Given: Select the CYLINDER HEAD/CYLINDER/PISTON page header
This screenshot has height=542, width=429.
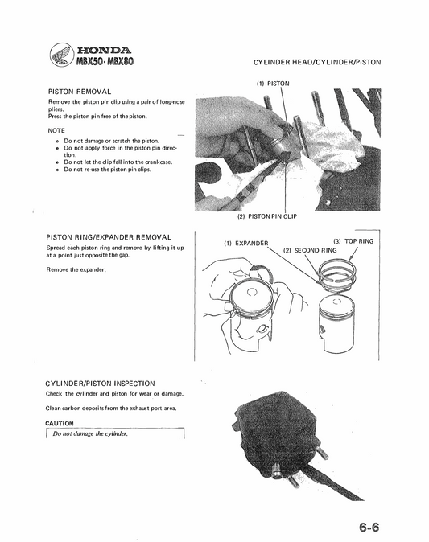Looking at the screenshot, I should tap(316, 62).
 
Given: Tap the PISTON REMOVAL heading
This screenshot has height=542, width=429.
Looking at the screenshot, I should tap(80, 92).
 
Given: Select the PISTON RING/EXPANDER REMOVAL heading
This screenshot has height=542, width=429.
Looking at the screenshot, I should tap(109, 237).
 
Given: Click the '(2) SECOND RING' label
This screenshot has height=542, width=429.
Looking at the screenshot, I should tap(310, 251).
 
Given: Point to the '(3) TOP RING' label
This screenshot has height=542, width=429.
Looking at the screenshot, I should tap(353, 240).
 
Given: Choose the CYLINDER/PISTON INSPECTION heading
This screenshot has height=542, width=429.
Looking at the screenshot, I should tap(101, 384).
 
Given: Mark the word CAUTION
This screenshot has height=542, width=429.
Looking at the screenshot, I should tap(60, 423).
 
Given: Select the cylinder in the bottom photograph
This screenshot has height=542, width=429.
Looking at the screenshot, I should tap(276, 435).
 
